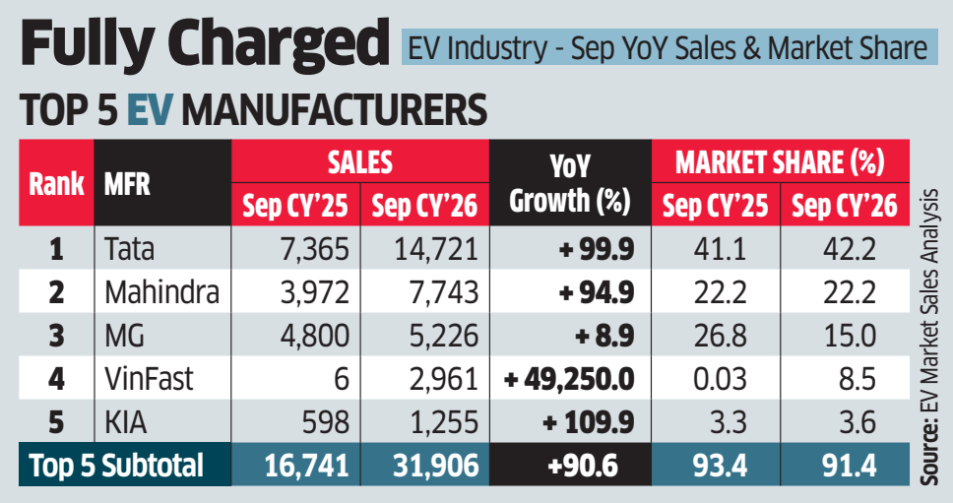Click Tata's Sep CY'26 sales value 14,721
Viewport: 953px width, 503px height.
tap(436, 249)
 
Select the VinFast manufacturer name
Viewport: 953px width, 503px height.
tap(149, 379)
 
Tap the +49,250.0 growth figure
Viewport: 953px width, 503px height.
tap(569, 380)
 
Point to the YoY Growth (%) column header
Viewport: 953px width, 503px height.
tap(569, 183)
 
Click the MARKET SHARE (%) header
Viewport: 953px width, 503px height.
tap(781, 162)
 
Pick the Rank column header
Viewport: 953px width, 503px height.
tap(56, 183)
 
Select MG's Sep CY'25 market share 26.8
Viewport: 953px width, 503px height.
tap(721, 336)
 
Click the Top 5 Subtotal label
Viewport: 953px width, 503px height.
tap(117, 466)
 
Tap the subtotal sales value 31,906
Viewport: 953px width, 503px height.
tap(436, 466)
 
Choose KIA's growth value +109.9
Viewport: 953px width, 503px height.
tap(589, 423)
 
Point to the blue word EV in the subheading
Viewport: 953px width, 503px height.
tap(150, 110)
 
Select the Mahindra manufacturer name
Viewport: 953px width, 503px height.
tap(161, 292)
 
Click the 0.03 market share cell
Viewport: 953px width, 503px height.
tap(721, 380)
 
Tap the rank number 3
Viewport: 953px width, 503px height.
tap(56, 336)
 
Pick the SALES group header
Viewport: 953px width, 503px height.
tap(360, 162)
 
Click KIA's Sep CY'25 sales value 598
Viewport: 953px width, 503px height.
tap(327, 423)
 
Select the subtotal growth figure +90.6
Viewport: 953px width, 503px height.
tap(582, 466)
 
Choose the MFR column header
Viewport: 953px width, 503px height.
tap(127, 184)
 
